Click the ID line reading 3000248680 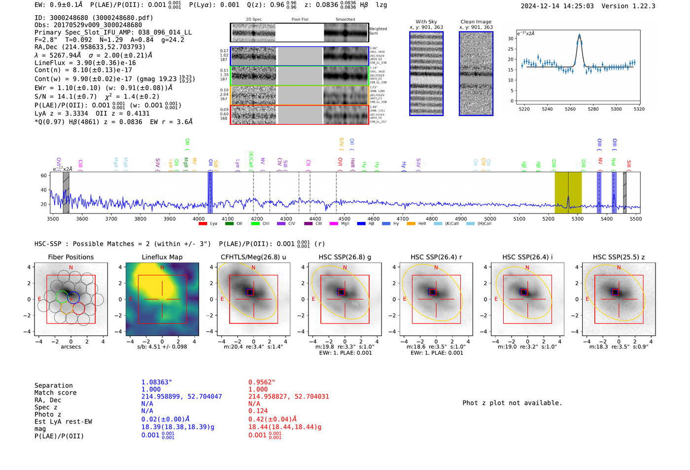tap(94, 18)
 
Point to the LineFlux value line tap(85, 63)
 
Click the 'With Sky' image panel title tap(426, 22)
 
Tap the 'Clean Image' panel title tap(476, 22)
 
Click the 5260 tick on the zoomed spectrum tap(570, 109)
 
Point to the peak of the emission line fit tap(579, 35)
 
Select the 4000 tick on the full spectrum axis tap(199, 218)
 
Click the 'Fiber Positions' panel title tap(70, 257)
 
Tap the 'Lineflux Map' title tap(162, 257)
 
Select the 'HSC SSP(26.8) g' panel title tap(345, 257)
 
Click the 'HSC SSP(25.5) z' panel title tap(619, 257)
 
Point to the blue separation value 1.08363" tap(156, 382)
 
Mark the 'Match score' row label tap(55, 393)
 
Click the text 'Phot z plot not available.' tap(512, 403)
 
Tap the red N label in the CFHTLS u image tap(253, 268)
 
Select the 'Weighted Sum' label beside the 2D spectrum tap(378, 31)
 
